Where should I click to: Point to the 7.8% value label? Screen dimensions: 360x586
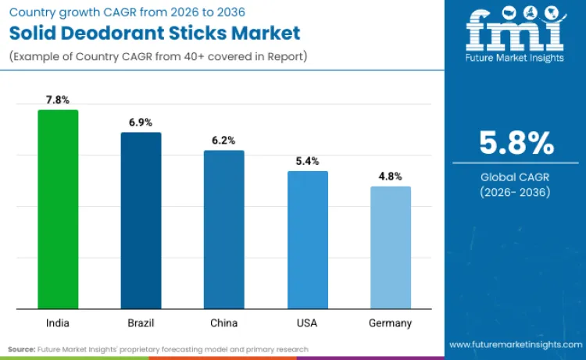[x=58, y=100]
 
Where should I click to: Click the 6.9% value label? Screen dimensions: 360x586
[x=141, y=123]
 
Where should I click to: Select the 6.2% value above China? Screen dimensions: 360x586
[x=223, y=141]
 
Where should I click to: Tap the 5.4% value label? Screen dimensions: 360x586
[x=307, y=161]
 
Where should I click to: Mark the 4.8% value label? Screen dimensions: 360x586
[x=390, y=176]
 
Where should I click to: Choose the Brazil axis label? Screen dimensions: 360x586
[x=141, y=323]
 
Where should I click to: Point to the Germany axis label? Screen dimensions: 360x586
[x=390, y=323]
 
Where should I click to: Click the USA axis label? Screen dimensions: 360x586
[x=307, y=323]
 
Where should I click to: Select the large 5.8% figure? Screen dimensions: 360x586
[x=516, y=144]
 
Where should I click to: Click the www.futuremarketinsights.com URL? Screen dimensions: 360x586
[x=515, y=344]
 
